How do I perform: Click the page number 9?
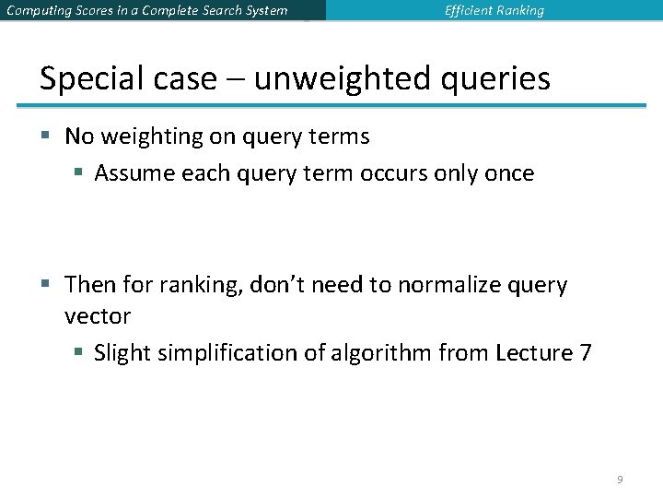click(x=620, y=480)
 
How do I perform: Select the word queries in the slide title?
click(x=501, y=80)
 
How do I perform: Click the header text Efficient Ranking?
click(x=494, y=11)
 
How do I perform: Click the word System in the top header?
click(x=264, y=11)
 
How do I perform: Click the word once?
click(x=508, y=173)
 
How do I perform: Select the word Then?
click(x=90, y=285)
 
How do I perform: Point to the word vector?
click(x=98, y=316)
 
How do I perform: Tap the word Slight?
click(x=122, y=353)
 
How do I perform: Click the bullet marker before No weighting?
click(x=45, y=137)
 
